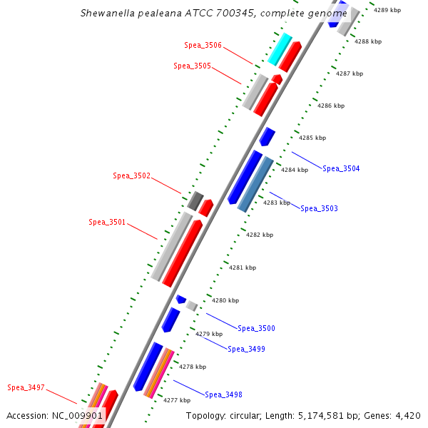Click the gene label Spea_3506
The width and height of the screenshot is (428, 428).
tap(203, 45)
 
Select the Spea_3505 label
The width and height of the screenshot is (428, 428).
tap(192, 66)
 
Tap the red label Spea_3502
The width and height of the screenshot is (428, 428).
tap(131, 175)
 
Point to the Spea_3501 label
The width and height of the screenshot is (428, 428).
tap(107, 222)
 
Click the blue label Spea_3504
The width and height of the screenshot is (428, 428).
tap(341, 169)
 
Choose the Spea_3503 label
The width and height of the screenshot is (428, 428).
tap(319, 208)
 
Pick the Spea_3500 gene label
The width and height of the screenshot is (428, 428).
tap(256, 328)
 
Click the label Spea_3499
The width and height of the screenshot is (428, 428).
tap(246, 349)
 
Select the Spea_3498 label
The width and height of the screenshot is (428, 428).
tap(223, 394)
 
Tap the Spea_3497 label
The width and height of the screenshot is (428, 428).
tap(26, 387)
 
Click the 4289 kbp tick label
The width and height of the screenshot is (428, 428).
tap(387, 10)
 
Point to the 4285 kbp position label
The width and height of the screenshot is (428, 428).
tap(312, 138)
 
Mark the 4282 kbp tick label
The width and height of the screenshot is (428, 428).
tap(259, 235)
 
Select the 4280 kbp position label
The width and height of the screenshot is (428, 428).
tap(225, 300)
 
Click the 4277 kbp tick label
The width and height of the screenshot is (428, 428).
tap(176, 400)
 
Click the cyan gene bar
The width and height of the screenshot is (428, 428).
tap(280, 49)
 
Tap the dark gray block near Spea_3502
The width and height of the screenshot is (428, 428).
tap(195, 200)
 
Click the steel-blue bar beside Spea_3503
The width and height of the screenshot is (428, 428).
tap(255, 184)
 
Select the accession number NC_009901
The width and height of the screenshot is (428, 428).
tap(79, 415)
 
